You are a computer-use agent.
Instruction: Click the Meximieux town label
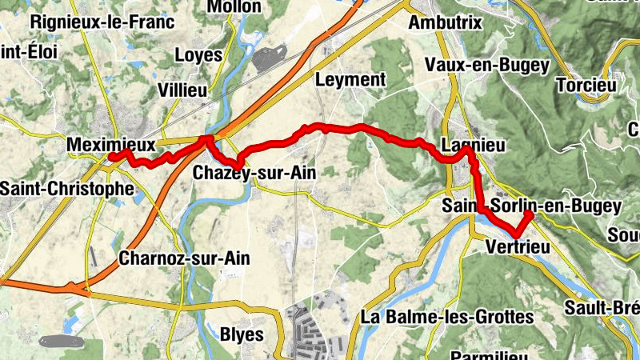pyautogui.click(x=110, y=145)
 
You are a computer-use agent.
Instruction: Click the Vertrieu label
pyautogui.click(x=518, y=249)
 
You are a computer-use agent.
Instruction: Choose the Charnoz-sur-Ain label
pyautogui.click(x=184, y=258)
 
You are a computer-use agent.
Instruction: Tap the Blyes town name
pyautogui.click(x=241, y=334)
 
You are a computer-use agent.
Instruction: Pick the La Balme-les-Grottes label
pyautogui.click(x=447, y=318)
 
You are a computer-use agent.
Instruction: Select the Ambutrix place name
pyautogui.click(x=445, y=22)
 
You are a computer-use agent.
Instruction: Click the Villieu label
pyautogui.click(x=182, y=90)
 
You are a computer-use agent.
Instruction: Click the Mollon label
pyautogui.click(x=234, y=6)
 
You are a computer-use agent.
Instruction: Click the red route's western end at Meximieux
pyautogui.click(x=111, y=157)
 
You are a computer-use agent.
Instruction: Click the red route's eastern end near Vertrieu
pyautogui.click(x=530, y=215)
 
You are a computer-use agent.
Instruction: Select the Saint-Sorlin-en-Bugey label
pyautogui.click(x=531, y=206)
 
